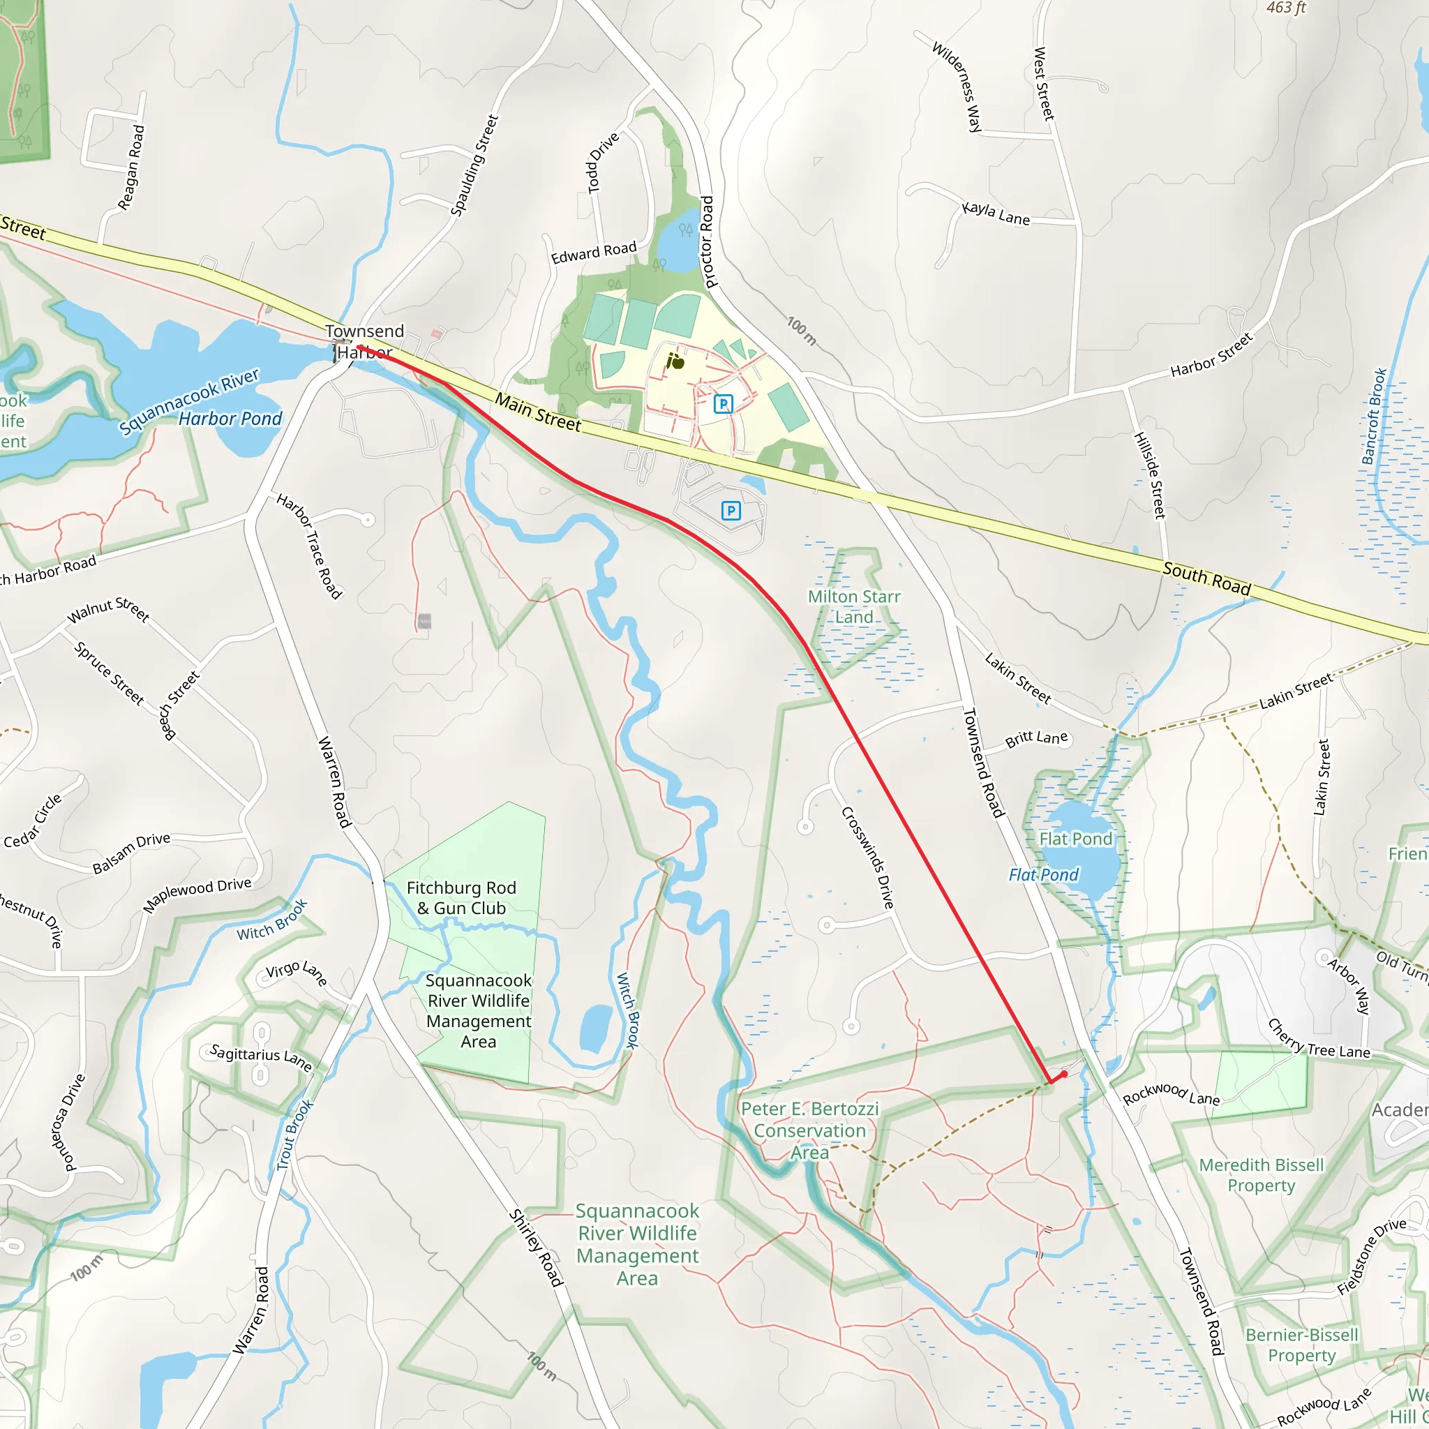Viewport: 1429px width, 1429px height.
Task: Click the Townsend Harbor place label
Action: pyautogui.click(x=365, y=341)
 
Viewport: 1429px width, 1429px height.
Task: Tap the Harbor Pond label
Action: pyautogui.click(x=230, y=419)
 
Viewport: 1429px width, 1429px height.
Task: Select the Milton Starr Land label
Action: pyautogui.click(x=853, y=606)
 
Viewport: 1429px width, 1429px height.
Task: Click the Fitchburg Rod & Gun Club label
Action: pyautogui.click(x=461, y=898)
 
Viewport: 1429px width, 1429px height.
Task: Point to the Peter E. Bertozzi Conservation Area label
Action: pyautogui.click(x=810, y=1130)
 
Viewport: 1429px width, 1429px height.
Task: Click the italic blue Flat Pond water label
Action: pyautogui.click(x=1044, y=875)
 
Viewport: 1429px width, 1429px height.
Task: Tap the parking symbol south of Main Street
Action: pyautogui.click(x=731, y=510)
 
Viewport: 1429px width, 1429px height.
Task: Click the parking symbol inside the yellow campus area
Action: pyautogui.click(x=724, y=404)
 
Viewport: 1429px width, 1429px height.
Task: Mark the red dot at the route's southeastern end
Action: pyautogui.click(x=1064, y=1075)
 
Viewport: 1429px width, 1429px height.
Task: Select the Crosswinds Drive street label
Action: pyautogui.click(x=868, y=858)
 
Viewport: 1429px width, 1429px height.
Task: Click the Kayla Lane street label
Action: pyautogui.click(x=996, y=213)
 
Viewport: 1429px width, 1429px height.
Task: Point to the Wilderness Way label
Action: pyautogui.click(x=957, y=87)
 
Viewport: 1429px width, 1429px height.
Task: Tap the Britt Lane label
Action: pyautogui.click(x=1036, y=739)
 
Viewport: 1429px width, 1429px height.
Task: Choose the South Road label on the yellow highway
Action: pyautogui.click(x=1206, y=579)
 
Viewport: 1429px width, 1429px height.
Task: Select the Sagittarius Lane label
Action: pyautogui.click(x=260, y=1057)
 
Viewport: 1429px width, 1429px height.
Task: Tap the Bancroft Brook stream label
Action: pyautogui.click(x=1373, y=417)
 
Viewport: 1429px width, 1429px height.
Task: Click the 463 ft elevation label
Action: pyautogui.click(x=1286, y=8)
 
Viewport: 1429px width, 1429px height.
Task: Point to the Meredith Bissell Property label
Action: pyautogui.click(x=1261, y=1175)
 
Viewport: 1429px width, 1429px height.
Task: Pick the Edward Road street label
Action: pyautogui.click(x=593, y=253)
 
